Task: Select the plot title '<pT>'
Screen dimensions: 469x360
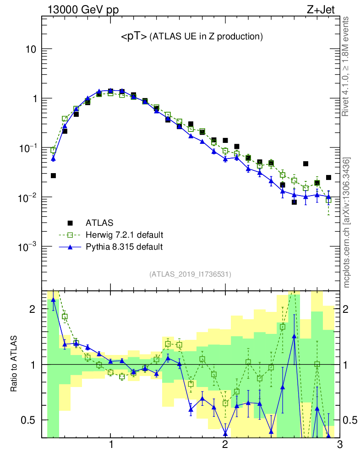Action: point(134,37)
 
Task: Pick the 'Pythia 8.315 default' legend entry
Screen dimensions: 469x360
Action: point(124,247)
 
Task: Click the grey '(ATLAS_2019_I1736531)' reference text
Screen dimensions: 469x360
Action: point(190,274)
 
